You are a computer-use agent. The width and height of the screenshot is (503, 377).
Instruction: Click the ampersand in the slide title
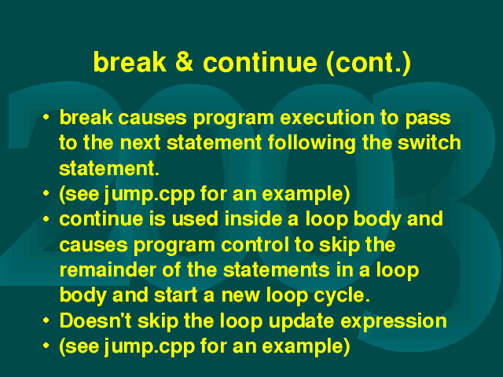[x=185, y=61]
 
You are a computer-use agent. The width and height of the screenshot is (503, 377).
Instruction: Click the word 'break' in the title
[x=130, y=61]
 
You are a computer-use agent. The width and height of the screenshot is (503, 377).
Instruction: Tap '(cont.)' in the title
[x=369, y=63]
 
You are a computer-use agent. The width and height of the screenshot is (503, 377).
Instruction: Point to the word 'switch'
[x=429, y=142]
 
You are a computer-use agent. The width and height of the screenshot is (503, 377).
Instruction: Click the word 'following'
[x=312, y=143]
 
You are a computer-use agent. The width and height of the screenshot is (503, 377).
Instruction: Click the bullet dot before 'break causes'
[x=46, y=117]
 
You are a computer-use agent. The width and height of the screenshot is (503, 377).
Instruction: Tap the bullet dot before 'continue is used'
[x=46, y=218]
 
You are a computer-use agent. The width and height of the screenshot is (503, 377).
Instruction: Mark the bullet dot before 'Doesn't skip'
[x=46, y=320]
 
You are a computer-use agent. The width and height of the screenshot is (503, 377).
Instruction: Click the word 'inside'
[x=253, y=218]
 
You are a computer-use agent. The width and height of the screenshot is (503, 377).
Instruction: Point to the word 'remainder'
[x=108, y=269]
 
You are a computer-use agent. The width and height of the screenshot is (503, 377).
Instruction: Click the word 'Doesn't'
[x=96, y=320]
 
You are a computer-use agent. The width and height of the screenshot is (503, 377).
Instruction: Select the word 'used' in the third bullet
[x=195, y=218]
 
